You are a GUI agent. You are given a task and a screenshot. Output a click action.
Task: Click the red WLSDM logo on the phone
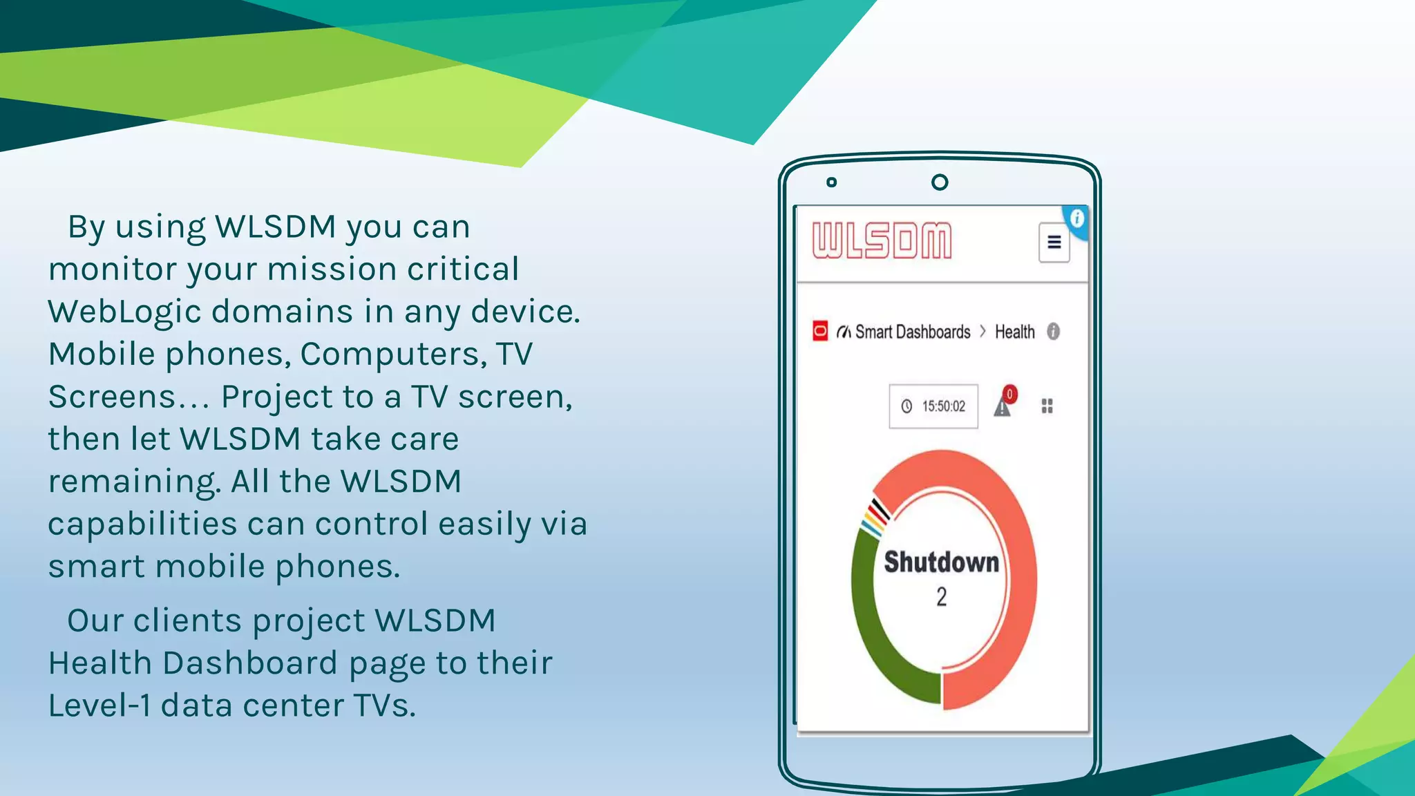point(882,240)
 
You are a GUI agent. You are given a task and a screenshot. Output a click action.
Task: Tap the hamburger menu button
point(1054,243)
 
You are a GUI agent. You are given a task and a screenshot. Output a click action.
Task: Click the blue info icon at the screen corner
point(1076,219)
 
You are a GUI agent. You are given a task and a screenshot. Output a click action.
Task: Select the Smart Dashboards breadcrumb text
point(912,332)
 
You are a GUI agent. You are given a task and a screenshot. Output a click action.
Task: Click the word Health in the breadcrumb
point(1014,332)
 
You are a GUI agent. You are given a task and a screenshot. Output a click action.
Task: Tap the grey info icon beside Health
point(1053,332)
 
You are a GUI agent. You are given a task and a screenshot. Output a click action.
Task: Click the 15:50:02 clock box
point(933,406)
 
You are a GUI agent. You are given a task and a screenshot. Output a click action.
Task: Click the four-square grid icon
point(1047,406)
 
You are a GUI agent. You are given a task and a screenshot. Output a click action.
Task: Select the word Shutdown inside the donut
point(941,562)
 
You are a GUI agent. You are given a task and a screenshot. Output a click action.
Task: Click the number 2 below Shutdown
point(941,597)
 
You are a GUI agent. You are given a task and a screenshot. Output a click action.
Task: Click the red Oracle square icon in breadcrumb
point(820,331)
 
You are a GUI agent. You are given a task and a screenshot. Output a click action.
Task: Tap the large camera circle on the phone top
point(940,182)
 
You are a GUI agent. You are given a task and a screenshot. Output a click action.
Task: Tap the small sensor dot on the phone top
point(832,182)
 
